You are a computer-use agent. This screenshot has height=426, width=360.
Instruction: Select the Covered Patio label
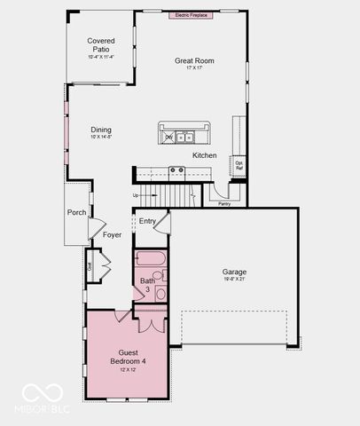[100, 45]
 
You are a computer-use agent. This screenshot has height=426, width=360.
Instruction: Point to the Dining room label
[100, 130]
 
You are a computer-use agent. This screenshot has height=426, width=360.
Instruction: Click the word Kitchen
[205, 155]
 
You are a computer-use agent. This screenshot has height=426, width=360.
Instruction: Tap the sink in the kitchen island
[186, 137]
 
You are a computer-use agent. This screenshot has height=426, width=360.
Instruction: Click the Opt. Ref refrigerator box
[239, 165]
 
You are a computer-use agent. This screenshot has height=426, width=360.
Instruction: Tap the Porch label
[77, 213]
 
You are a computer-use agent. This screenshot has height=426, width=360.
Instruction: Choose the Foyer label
[112, 235]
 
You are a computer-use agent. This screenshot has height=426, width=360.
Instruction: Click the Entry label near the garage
[146, 221]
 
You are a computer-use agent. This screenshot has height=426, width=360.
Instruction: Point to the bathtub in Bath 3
[149, 260]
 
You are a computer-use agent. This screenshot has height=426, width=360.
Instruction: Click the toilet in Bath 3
[160, 292]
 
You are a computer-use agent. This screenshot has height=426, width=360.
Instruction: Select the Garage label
[234, 272]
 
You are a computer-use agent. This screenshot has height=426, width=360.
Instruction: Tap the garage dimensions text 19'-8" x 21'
[234, 280]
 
